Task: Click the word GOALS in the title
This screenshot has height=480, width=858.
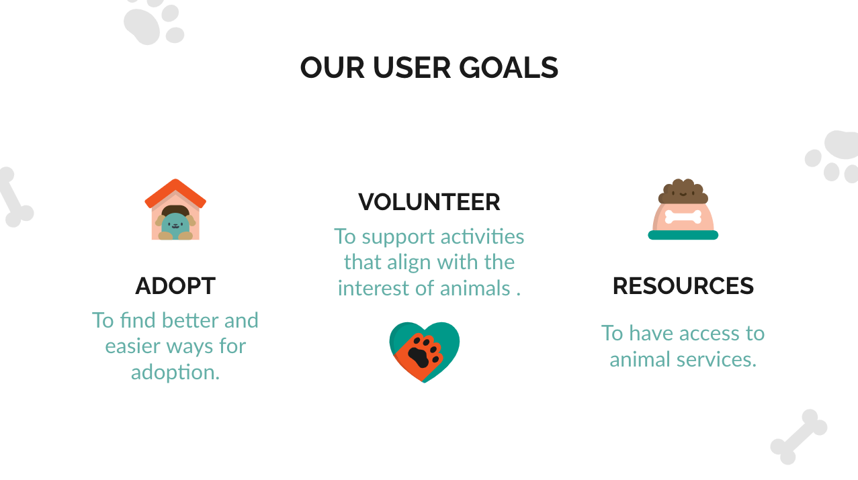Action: (x=509, y=68)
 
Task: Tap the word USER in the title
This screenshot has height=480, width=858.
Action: (x=412, y=68)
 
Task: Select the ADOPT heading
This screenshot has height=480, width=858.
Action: (x=175, y=286)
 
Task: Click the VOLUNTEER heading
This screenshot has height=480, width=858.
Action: (x=429, y=202)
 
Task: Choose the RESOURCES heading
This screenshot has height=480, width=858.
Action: (x=683, y=286)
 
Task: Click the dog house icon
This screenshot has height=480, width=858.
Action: (x=175, y=209)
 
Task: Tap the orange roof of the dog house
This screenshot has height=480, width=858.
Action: (x=175, y=193)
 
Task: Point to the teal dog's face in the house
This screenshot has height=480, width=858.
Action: (x=175, y=225)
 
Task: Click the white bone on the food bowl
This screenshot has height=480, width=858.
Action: (x=683, y=217)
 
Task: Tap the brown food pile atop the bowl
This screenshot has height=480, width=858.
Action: (x=683, y=191)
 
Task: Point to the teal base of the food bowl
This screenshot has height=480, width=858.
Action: (x=683, y=235)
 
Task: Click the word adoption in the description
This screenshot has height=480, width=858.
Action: (x=175, y=373)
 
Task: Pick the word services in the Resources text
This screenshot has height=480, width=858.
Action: (x=717, y=359)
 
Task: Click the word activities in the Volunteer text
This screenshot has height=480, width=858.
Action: (x=482, y=236)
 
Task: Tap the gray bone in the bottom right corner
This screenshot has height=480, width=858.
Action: (x=799, y=437)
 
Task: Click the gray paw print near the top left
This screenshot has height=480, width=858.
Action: (x=154, y=21)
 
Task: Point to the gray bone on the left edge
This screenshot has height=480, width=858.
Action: (x=15, y=197)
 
